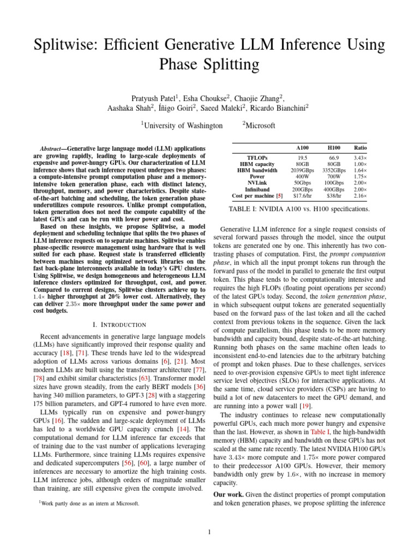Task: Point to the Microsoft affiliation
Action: coord(260,126)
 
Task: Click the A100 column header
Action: coord(301,147)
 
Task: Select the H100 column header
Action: coord(333,147)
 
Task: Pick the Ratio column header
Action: coord(361,147)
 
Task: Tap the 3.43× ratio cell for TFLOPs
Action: coord(361,157)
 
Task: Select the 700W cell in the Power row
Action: coord(333,177)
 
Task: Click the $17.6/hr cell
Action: coord(301,195)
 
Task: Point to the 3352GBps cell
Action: coord(333,170)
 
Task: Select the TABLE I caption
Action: coord(300,209)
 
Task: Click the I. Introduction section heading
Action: coord(119,325)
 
